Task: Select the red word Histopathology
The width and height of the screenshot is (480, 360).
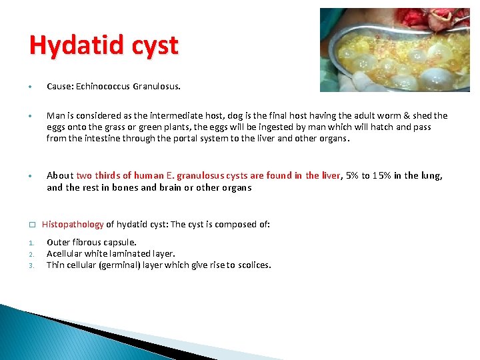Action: point(73,225)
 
